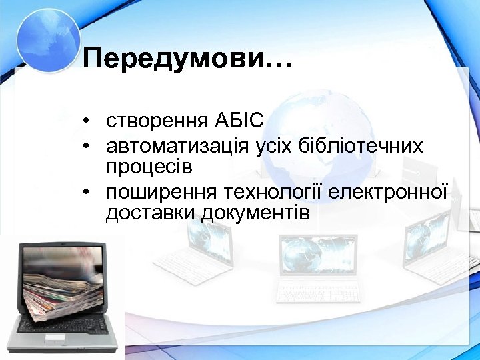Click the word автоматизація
177,145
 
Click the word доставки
147,213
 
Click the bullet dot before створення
87,121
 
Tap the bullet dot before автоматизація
87,145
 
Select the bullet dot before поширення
87,192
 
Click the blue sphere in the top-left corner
47,37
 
